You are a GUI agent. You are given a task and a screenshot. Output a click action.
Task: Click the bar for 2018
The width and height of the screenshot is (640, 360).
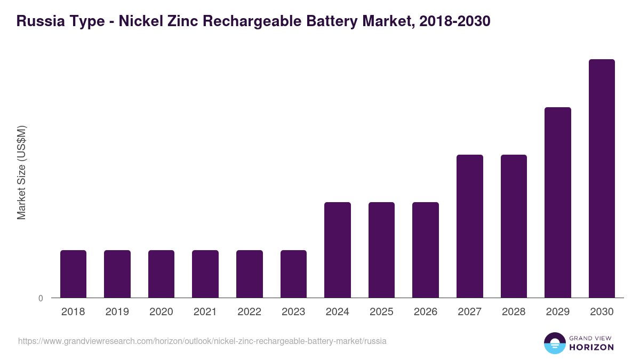[73, 274]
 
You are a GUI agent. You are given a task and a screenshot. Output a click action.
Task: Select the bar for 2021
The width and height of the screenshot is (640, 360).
[205, 274]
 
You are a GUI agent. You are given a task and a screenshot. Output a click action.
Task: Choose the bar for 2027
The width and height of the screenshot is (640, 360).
[470, 226]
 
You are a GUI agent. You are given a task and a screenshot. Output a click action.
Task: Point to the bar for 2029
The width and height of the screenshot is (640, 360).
[558, 202]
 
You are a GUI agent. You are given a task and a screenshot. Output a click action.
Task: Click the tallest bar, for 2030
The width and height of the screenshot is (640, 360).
[602, 178]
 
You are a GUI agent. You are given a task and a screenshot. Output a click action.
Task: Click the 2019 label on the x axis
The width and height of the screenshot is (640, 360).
[117, 312]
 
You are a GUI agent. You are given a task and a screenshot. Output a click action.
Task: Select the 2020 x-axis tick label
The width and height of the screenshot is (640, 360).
[161, 312]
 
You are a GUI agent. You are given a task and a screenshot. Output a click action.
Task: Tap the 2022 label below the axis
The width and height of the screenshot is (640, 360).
[249, 312]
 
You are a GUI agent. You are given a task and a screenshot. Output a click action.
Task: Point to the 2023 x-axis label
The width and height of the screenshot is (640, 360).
[293, 312]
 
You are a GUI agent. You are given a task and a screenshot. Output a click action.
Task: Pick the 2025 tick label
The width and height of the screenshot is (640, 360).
[381, 312]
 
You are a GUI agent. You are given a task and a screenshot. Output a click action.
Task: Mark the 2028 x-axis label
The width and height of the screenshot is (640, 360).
[514, 312]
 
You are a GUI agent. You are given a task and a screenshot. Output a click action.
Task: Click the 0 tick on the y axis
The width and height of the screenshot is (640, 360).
[41, 299]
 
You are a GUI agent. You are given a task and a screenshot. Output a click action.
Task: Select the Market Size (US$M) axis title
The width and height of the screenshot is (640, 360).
[21, 172]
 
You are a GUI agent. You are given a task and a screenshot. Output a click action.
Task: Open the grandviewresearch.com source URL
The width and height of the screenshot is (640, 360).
[202, 341]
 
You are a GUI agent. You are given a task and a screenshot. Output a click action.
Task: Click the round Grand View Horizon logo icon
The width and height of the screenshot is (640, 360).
[554, 343]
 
